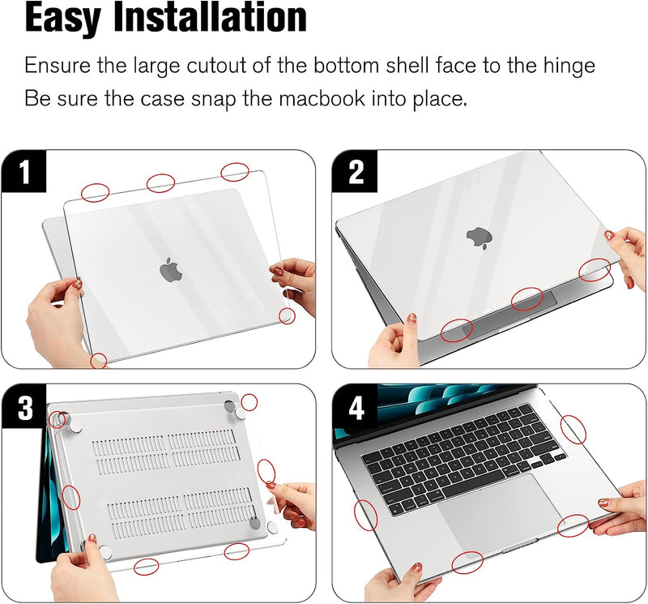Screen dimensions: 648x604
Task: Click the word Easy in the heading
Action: [x=63, y=19]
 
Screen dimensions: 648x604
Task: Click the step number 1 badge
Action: [x=24, y=171]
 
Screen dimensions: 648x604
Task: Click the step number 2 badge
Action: [x=355, y=171]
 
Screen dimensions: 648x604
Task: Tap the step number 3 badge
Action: [x=24, y=407]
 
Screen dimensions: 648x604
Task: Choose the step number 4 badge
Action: [x=355, y=407]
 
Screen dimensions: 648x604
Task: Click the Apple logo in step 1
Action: [x=171, y=269]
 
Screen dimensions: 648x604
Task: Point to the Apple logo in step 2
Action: [x=480, y=238]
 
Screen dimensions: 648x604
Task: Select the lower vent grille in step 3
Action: [x=181, y=512]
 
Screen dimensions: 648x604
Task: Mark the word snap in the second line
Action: [x=214, y=100]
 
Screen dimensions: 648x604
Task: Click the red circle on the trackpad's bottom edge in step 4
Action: [x=467, y=562]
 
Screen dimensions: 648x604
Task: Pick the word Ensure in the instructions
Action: [x=57, y=66]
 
